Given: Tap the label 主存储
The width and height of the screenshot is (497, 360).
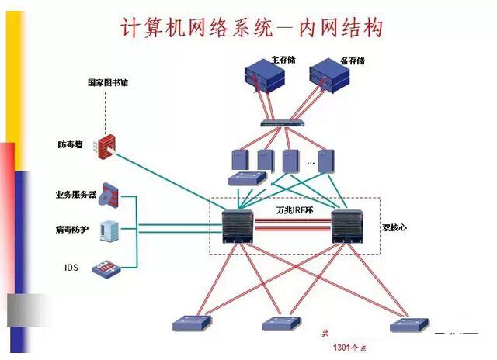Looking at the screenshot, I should (285, 59).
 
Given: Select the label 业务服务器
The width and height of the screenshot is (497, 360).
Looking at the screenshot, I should (76, 194).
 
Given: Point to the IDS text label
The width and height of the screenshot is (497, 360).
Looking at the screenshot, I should (71, 268).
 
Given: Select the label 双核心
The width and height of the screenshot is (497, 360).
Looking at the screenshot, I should (393, 228).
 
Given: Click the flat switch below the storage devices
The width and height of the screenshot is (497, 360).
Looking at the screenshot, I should (282, 123).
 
